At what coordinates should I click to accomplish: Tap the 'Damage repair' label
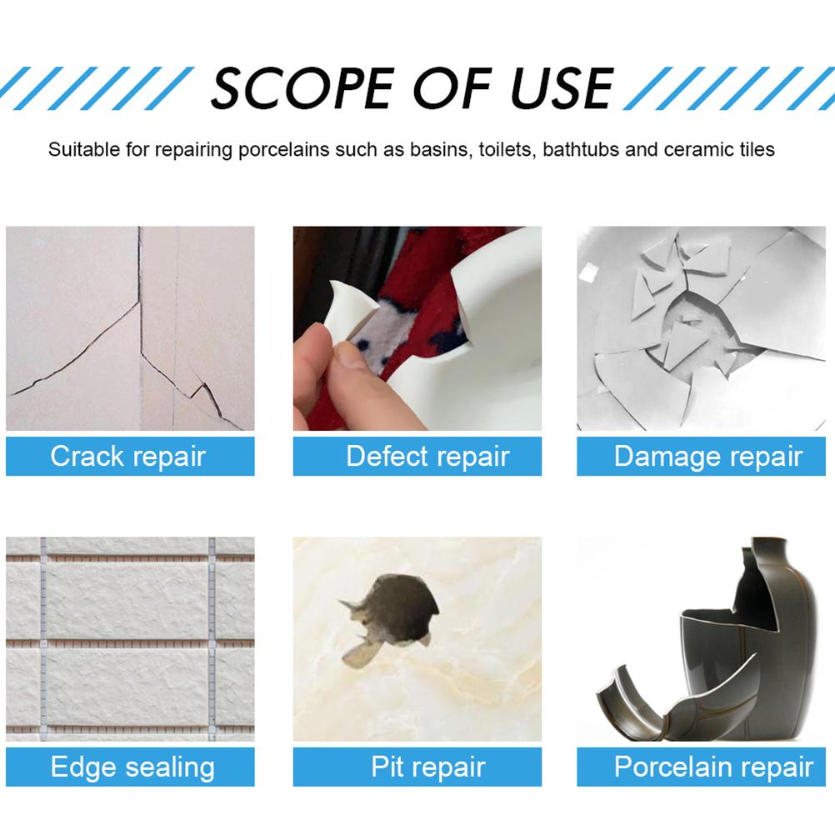pyautogui.click(x=707, y=457)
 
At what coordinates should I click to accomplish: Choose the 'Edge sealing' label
pyautogui.click(x=132, y=767)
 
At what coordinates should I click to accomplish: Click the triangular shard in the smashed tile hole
pyautogui.click(x=681, y=342)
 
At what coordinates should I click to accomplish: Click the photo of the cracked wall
pyautogui.click(x=130, y=328)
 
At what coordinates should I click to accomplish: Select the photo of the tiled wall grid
pyautogui.click(x=130, y=639)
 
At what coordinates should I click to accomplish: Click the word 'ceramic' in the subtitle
pyautogui.click(x=702, y=150)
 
